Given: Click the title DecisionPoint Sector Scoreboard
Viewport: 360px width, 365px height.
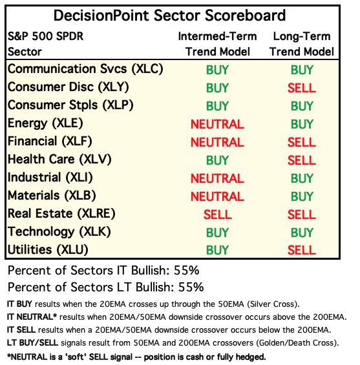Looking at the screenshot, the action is pyautogui.click(x=169, y=16).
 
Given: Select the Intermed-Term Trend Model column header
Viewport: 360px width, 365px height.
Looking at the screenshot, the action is pyautogui.click(x=218, y=44).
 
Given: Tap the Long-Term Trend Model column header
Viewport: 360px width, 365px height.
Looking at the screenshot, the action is pyautogui.click(x=302, y=44).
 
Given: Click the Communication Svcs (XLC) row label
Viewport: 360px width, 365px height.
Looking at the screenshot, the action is pyautogui.click(x=85, y=69).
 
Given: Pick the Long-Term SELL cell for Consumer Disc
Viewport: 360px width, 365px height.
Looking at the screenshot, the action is pyautogui.click(x=302, y=88).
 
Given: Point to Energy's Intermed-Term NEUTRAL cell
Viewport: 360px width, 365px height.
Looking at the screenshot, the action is pyautogui.click(x=217, y=124).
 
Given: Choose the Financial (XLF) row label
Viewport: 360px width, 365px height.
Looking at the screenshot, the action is pyautogui.click(x=50, y=141).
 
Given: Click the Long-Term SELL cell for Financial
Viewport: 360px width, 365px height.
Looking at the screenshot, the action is pyautogui.click(x=302, y=142).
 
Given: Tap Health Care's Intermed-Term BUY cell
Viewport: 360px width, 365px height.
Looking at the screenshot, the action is pyautogui.click(x=217, y=160).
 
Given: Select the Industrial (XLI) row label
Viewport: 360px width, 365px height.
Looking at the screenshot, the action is pyautogui.click(x=50, y=178).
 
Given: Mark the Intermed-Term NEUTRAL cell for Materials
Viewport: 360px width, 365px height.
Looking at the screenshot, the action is pyautogui.click(x=217, y=196).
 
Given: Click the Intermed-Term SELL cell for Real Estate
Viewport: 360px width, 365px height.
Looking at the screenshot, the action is pyautogui.click(x=218, y=214).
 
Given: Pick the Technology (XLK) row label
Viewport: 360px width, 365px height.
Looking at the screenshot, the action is pyautogui.click(x=59, y=232).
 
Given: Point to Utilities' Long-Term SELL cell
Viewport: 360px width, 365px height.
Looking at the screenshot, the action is pyautogui.click(x=302, y=251).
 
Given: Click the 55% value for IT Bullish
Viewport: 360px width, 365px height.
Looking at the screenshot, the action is pyautogui.click(x=186, y=271).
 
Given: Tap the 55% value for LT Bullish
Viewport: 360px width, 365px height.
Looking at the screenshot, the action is pyautogui.click(x=191, y=287).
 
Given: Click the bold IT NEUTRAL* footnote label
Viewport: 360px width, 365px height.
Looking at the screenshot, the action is pyautogui.click(x=32, y=317).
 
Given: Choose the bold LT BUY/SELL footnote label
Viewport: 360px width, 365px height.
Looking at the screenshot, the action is pyautogui.click(x=32, y=342).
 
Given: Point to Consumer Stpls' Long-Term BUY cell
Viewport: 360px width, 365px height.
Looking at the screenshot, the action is pyautogui.click(x=302, y=106).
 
